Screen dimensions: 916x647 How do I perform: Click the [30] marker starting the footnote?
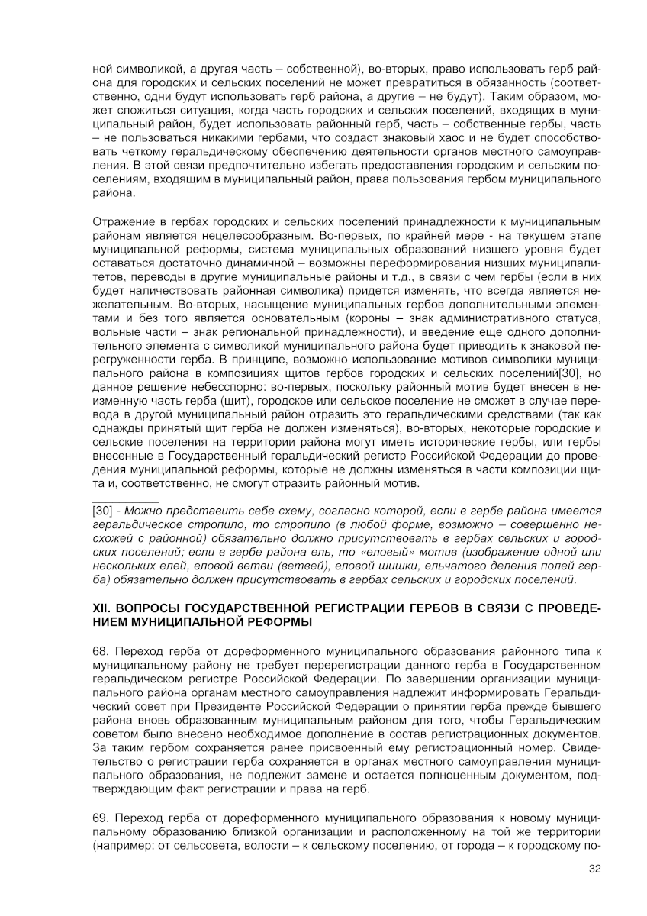tap(102, 510)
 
